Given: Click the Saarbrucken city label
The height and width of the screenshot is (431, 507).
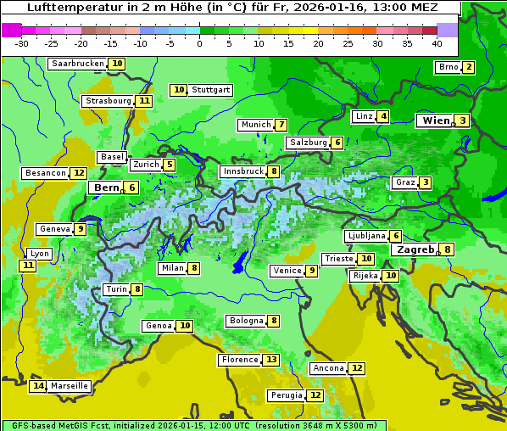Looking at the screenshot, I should coord(77,64).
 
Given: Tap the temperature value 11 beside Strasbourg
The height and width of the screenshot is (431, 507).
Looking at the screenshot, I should coord(145,101).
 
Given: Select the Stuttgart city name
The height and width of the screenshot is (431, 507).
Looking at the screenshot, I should coord(210,90).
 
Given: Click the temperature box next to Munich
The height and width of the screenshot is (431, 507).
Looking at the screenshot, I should coord(281,125).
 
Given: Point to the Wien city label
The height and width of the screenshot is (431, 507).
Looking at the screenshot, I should coord(437,120).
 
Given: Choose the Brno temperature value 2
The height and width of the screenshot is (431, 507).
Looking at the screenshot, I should coord(467,68).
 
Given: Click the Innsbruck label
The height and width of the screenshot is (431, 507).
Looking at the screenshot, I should coord(242,171).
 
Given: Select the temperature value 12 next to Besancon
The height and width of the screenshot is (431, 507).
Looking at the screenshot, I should coord(79,173).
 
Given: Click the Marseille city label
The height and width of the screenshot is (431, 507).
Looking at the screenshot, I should coord(69,386).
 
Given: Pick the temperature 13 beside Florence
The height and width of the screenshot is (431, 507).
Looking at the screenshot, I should coord(270,360).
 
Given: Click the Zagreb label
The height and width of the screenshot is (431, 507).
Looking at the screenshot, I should coord(415,249).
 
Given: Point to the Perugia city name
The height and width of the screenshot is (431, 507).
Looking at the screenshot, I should coord(286,395).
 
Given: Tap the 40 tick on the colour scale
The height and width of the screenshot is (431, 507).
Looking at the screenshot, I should coord(437,43).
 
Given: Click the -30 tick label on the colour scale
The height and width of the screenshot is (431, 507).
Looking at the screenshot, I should coord(23,43).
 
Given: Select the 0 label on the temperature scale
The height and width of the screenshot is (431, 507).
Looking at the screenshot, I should coord(200,43).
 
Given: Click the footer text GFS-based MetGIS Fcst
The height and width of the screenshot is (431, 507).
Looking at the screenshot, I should coord(59,425).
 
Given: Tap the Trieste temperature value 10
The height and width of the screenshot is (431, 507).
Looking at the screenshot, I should coord(366,259).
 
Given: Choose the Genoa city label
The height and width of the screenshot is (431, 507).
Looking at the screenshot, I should coord(159,326).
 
